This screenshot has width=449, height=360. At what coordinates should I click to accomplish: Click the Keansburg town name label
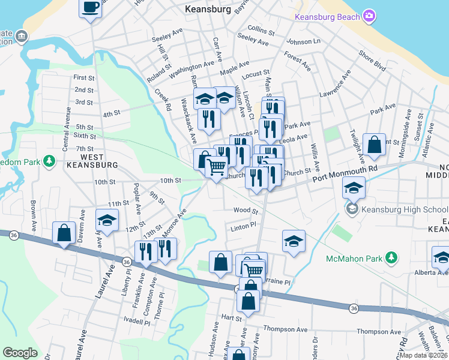(x=208, y=9)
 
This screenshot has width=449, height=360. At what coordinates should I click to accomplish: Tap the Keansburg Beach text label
(x=327, y=16)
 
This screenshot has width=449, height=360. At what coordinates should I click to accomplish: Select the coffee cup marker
(x=91, y=8)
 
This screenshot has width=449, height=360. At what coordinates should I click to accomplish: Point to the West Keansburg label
(x=91, y=164)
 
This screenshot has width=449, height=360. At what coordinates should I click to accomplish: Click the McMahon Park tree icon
(x=391, y=258)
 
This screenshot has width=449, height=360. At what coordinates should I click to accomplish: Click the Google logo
(x=20, y=353)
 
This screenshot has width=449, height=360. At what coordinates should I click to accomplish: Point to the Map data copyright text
(x=423, y=355)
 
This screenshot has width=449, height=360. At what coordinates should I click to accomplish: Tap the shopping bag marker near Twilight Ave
(x=374, y=145)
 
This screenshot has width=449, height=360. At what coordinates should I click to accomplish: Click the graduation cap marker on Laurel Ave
(x=107, y=220)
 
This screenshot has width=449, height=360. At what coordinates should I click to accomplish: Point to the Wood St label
(x=246, y=211)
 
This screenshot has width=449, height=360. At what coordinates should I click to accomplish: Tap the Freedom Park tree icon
(x=49, y=161)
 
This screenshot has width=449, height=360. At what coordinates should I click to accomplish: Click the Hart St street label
(x=231, y=316)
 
